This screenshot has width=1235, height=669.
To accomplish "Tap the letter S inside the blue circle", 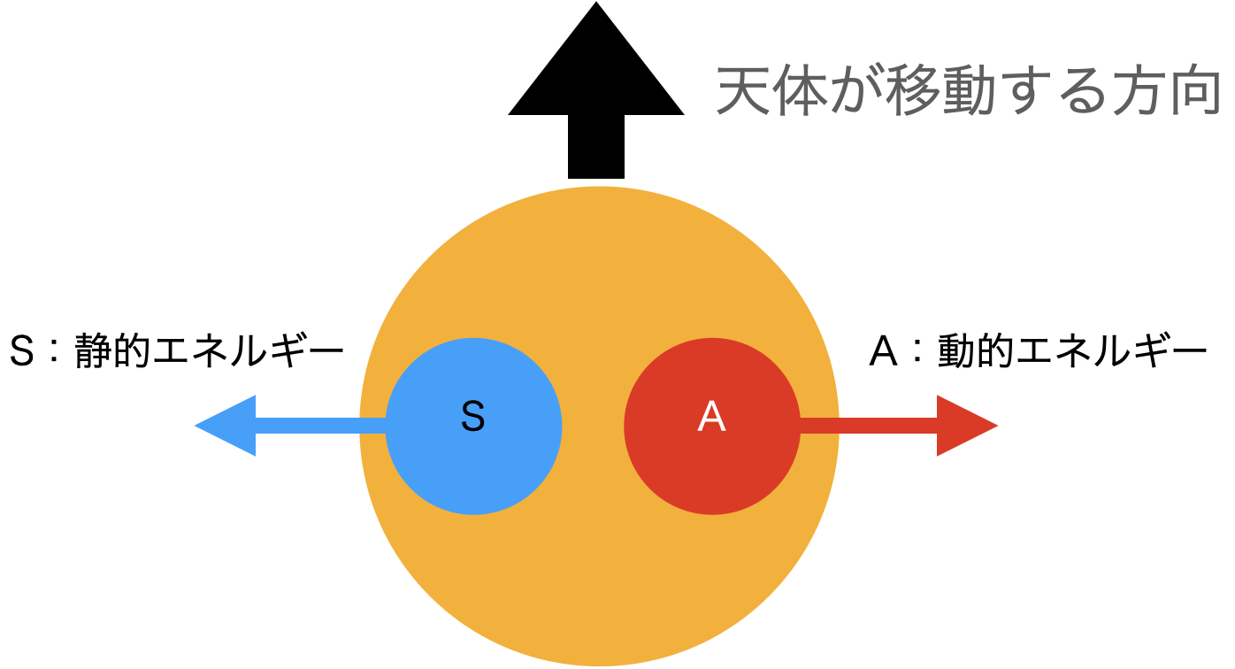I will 473,417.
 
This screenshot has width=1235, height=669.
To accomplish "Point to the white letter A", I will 711,417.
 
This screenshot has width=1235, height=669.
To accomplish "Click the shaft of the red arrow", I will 867,426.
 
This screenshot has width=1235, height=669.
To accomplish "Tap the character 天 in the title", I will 742,91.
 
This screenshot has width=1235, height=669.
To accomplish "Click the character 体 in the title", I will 799,91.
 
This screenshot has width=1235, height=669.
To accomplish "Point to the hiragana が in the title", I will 855,91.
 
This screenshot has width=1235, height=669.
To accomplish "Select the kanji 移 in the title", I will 912,91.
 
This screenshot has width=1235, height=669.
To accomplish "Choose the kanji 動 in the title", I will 969,91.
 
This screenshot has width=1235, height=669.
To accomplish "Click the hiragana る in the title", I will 1080,91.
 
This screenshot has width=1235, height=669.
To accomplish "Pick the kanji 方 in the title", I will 1137,91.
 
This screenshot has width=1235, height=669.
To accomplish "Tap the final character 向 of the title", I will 1194,91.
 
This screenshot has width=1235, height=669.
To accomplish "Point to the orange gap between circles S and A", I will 593,426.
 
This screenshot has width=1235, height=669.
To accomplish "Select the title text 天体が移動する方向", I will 969,91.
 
